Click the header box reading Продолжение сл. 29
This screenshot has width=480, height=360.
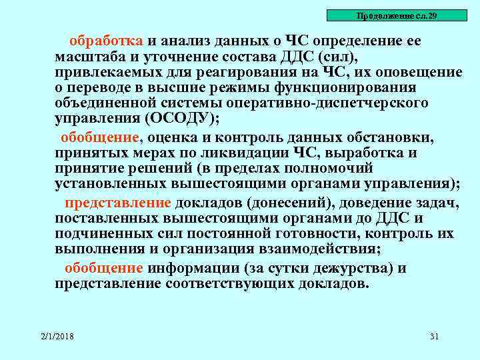pos(397,15)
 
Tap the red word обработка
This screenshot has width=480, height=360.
pos(107,41)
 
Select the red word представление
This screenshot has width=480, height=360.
pos(118,203)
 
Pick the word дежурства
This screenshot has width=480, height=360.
pos(342,268)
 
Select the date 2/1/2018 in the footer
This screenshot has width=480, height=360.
pos(56,336)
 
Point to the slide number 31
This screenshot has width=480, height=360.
pos(435,336)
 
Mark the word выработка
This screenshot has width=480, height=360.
pos(359,153)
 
